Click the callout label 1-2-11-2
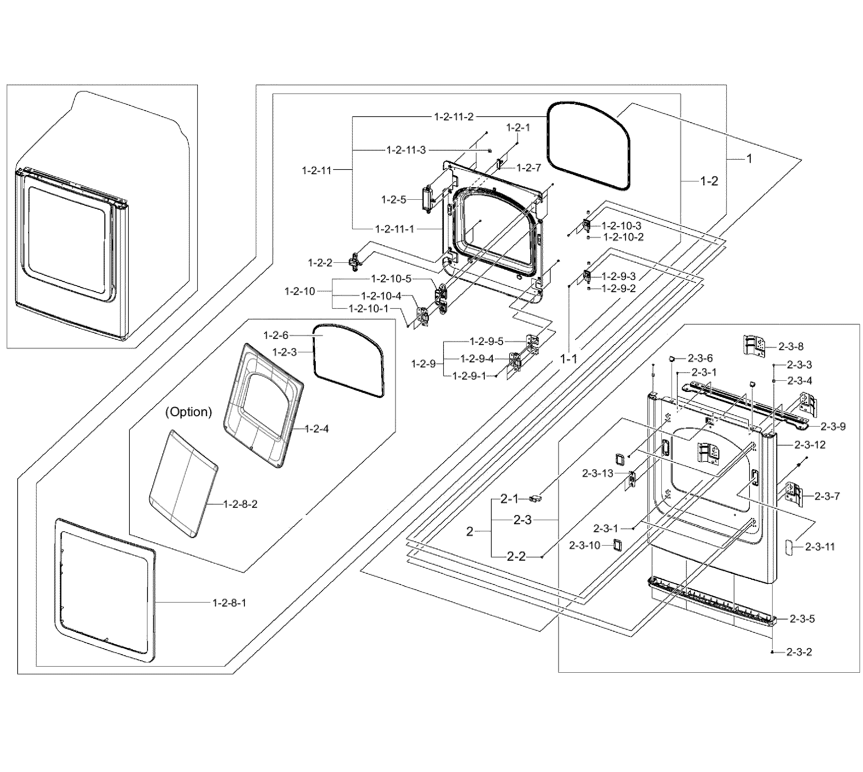coord(454,117)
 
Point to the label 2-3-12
coord(809,445)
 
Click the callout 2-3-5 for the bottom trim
coord(802,619)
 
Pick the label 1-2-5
coord(393,200)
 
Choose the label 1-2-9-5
coord(486,341)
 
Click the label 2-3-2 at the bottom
coord(799,652)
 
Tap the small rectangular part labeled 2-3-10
coord(617,545)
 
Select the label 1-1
coord(569,359)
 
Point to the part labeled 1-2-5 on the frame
coord(426,200)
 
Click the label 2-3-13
coord(597,473)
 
